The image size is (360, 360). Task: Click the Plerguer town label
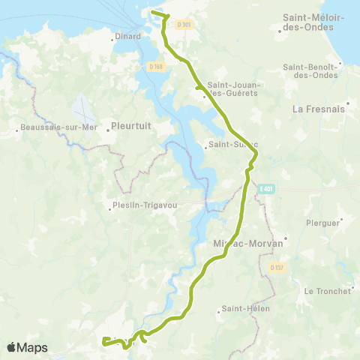pos(323,223)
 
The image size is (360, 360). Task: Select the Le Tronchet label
pos(328,291)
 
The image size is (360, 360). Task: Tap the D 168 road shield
pos(156,67)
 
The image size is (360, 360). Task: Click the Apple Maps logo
pos(27,347)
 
